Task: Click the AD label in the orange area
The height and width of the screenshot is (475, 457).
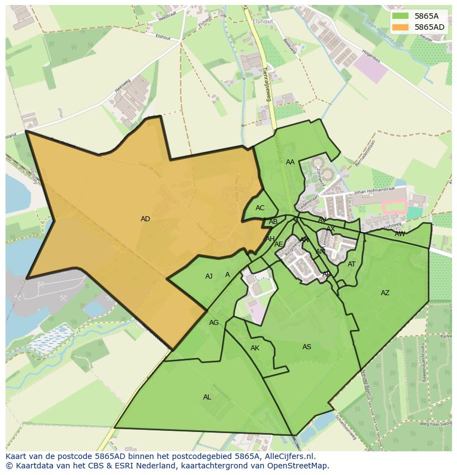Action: point(145,219)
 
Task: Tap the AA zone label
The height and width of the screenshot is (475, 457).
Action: point(290,162)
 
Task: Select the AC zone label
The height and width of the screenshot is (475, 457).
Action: point(260,208)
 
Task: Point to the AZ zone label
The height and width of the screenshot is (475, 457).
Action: point(385,293)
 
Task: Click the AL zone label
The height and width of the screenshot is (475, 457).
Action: point(207,397)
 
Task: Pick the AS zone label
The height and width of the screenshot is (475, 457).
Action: point(307,347)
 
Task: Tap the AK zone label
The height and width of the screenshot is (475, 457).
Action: point(255,348)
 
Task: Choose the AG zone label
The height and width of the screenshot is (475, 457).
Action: point(214,323)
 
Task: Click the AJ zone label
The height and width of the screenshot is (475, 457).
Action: point(209,276)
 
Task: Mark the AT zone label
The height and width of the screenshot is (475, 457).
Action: point(352,264)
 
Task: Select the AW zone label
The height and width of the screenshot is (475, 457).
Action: point(400,234)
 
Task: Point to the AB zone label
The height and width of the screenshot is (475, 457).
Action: point(273,222)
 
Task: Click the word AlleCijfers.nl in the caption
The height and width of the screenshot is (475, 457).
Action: point(292,456)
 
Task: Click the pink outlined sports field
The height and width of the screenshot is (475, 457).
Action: point(395,207)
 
